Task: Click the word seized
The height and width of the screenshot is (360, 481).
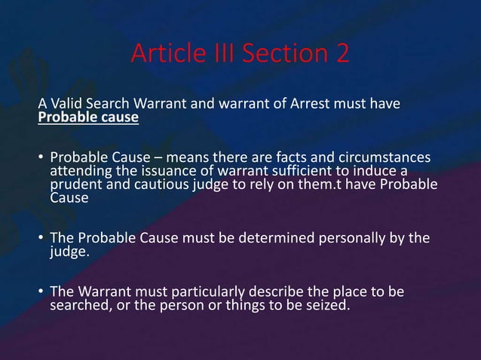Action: point(326,305)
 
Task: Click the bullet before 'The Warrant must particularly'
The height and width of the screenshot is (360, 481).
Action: point(41,292)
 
